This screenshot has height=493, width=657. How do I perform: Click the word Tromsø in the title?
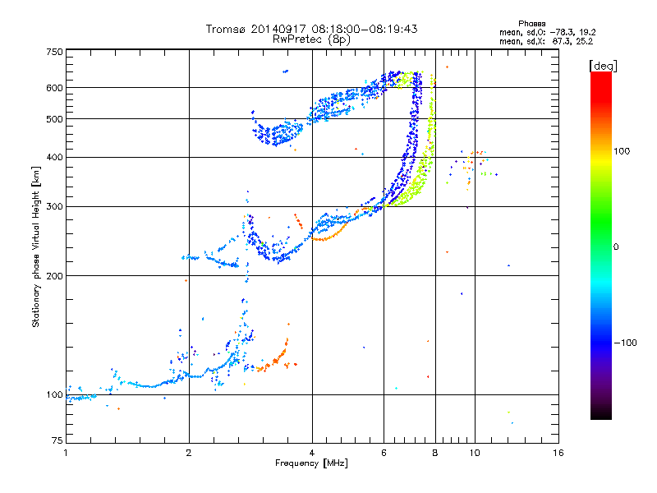(227, 29)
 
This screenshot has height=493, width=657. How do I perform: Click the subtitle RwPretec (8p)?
(311, 39)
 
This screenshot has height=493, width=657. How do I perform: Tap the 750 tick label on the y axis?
(55, 52)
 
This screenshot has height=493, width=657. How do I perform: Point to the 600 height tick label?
(55, 88)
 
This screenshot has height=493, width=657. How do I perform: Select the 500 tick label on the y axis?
(55, 119)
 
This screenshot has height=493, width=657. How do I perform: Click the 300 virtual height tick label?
(55, 207)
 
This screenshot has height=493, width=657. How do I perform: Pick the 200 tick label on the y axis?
(55, 276)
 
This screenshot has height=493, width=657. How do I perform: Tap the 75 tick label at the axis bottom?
(57, 440)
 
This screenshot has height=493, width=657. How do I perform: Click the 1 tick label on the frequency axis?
(66, 453)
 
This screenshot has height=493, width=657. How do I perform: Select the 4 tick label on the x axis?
(312, 453)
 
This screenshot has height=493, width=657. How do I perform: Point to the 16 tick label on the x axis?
(558, 453)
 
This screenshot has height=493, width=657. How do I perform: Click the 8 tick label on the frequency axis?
(435, 453)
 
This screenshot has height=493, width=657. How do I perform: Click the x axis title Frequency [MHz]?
(311, 463)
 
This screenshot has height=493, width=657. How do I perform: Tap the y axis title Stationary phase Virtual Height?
(35, 246)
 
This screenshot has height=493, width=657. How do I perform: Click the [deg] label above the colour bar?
(603, 66)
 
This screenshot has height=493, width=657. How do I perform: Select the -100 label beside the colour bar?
(626, 343)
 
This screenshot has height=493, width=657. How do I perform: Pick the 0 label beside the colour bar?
(616, 247)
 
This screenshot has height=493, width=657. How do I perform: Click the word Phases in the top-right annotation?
(531, 24)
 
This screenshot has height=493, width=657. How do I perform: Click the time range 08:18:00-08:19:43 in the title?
(365, 29)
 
